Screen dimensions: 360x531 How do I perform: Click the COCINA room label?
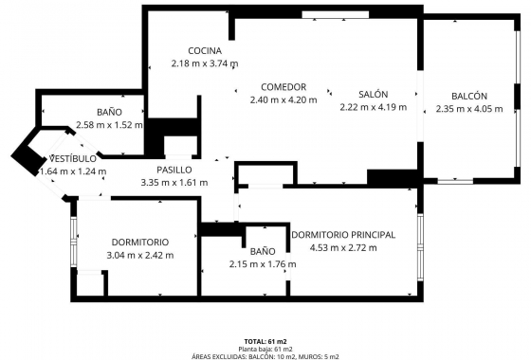(x=205, y=51)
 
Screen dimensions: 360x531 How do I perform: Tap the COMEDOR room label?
(x=283, y=86)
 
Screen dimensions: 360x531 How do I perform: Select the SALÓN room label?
(x=373, y=94)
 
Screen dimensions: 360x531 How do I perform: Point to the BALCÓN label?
(x=468, y=96)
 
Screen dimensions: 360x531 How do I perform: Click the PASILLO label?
(x=174, y=171)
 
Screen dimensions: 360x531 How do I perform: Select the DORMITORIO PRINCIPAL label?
(x=343, y=235)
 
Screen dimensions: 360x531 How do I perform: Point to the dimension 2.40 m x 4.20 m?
(x=283, y=99)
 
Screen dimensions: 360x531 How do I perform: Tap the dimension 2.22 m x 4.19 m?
(x=373, y=107)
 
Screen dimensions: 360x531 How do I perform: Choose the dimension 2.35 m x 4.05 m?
(x=468, y=109)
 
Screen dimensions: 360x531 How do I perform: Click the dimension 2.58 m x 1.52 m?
(x=109, y=125)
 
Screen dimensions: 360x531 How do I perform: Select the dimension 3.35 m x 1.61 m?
(x=174, y=183)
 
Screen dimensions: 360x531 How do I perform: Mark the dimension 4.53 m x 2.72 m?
(x=343, y=248)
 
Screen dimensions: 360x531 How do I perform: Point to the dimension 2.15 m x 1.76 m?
(x=263, y=264)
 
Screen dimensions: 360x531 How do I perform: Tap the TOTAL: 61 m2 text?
(x=265, y=340)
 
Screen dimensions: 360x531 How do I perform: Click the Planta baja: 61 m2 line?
(x=265, y=348)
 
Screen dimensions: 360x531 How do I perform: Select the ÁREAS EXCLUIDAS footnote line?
(x=265, y=355)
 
